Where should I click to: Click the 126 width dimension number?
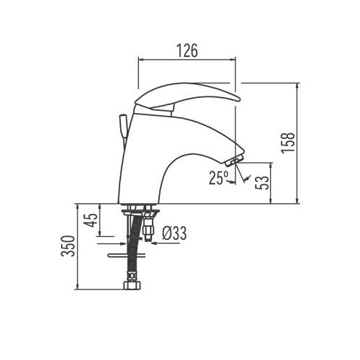187,52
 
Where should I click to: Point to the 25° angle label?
219,177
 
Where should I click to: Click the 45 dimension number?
91,220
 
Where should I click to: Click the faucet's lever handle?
187,96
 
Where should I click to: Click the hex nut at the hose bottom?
132,287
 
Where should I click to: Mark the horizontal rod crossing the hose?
127,254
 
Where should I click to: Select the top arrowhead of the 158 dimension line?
297,86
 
